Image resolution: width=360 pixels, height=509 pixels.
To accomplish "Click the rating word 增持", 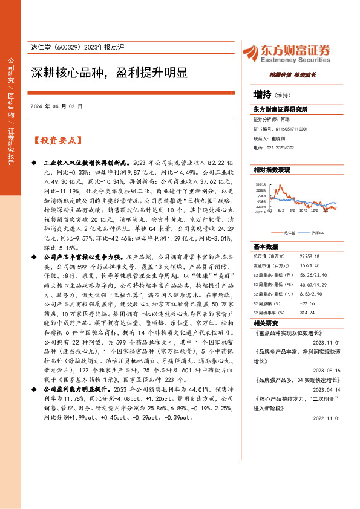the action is point(263,95).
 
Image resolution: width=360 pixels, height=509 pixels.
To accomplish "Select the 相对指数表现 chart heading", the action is point(272,170).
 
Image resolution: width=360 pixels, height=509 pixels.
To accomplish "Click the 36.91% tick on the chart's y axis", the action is point(261,184).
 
